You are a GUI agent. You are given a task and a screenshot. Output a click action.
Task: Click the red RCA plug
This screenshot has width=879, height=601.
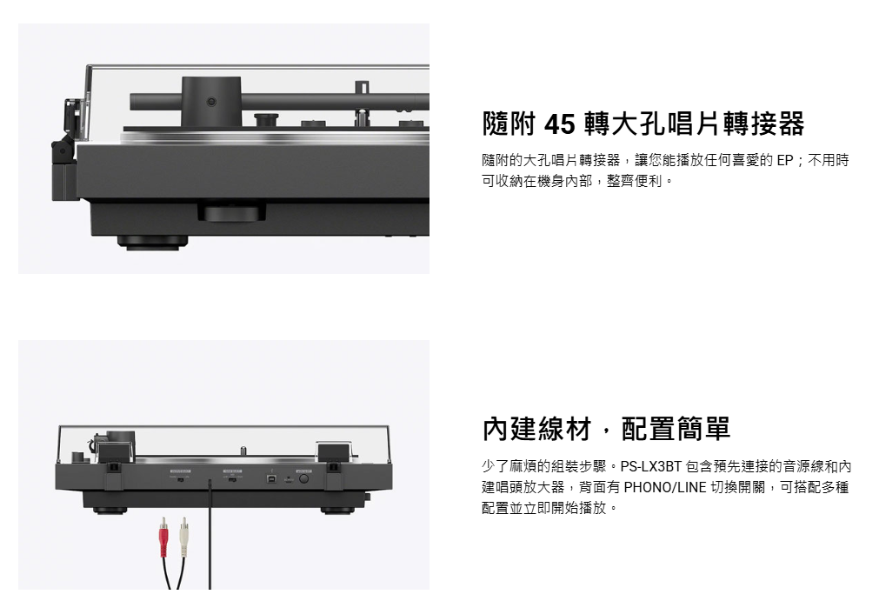(x=163, y=537)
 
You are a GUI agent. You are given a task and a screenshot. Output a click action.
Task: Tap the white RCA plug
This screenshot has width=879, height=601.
(x=183, y=537)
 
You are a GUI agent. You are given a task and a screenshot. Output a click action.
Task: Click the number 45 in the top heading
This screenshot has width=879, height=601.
(x=559, y=124)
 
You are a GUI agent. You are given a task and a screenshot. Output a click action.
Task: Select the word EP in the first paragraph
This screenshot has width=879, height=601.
(x=785, y=160)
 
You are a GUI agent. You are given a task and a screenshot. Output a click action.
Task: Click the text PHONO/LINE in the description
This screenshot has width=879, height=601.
(x=665, y=487)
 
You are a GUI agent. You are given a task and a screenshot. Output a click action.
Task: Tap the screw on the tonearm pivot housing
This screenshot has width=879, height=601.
(x=210, y=102)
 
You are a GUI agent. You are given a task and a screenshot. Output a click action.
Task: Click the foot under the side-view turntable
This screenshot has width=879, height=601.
(x=152, y=242)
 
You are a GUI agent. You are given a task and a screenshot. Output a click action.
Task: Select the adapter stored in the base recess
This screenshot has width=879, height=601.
(x=231, y=212)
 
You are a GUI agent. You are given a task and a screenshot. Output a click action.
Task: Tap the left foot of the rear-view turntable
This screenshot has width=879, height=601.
(x=110, y=511)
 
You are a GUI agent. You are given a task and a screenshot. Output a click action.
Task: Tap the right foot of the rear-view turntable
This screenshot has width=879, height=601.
(x=337, y=511)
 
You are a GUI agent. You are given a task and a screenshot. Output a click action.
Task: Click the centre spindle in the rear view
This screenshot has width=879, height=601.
(x=243, y=451)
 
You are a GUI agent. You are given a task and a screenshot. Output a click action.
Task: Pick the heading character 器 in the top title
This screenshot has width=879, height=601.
(x=791, y=124)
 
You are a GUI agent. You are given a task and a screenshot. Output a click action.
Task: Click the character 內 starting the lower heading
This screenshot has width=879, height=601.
(x=496, y=429)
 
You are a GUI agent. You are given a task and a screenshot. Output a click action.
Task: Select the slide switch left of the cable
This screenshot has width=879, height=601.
(x=180, y=480)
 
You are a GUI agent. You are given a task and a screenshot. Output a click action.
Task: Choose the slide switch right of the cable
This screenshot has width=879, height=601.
(x=232, y=480)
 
